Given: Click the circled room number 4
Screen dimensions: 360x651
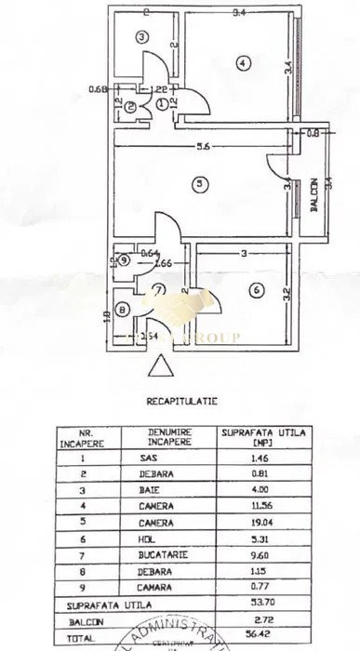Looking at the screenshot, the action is pos(242,63).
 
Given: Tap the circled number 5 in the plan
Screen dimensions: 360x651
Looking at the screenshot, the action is pos(199,184).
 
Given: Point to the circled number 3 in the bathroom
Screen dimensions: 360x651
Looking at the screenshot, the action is pos(141,37).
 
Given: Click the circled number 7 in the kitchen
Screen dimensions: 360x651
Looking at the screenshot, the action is pos(159,289).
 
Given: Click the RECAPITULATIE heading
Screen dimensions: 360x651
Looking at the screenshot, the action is pos(180,404).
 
